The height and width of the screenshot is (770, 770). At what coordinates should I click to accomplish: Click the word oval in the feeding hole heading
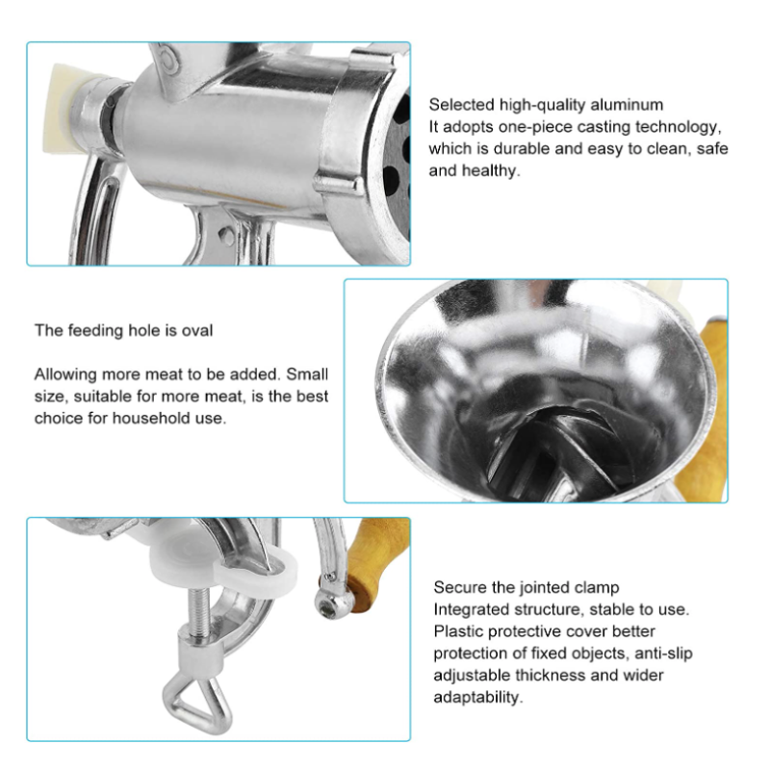coord(197,330)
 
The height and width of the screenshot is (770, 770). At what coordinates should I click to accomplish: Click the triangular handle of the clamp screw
coord(197,704)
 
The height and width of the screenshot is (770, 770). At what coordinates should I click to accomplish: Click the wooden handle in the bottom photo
coord(378,563)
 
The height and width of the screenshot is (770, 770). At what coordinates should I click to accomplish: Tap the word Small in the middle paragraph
coord(307,374)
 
